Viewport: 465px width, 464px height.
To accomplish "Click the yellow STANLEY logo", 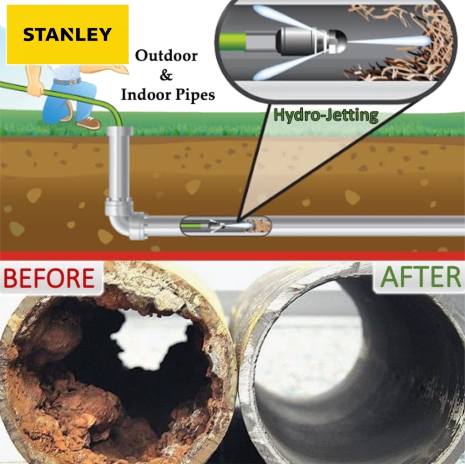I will coord(67,34).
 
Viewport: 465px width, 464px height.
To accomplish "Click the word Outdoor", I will coord(166,56).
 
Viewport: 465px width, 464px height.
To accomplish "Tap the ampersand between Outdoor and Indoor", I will coord(166,75).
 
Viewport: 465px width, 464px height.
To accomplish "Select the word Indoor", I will coord(146,95).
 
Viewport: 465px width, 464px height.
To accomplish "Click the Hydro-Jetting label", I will coord(325,115).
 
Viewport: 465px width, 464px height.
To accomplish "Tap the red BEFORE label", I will coord(49,278).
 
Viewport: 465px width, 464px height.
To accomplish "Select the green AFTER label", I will coord(420,278).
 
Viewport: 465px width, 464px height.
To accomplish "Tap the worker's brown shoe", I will coord(88,123).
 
